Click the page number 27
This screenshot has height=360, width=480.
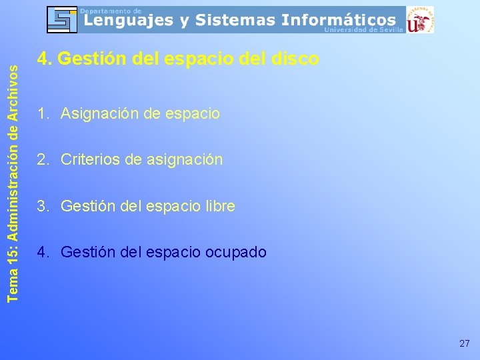click(x=465, y=343)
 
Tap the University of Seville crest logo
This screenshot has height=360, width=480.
click(x=420, y=19)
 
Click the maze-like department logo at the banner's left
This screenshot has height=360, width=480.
click(x=62, y=19)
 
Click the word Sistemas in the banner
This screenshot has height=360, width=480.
click(x=237, y=21)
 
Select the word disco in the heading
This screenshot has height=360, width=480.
click(x=295, y=59)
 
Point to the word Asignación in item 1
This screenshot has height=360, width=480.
click(x=102, y=113)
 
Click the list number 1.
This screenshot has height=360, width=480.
click(x=42, y=113)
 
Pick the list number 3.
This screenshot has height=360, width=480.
click(x=42, y=207)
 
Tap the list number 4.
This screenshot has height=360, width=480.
click(x=42, y=253)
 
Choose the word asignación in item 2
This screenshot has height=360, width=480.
click(x=185, y=160)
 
